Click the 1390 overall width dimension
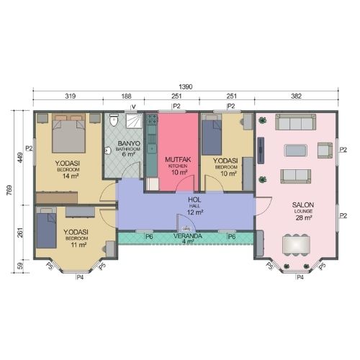click(186, 86)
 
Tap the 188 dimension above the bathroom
click(126, 96)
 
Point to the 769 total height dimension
click(9, 190)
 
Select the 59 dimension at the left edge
click(20, 266)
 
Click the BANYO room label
click(129, 143)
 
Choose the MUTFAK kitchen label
click(178, 159)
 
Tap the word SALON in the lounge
click(303, 205)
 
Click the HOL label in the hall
click(194, 199)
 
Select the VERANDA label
click(188, 236)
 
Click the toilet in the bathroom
click(114, 120)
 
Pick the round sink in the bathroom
click(108, 151)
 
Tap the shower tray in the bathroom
click(135, 121)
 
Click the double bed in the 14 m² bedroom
click(68, 133)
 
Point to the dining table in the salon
click(296, 245)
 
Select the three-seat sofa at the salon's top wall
click(295, 122)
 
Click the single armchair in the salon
click(325, 150)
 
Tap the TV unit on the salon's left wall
click(261, 150)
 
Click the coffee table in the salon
click(296, 150)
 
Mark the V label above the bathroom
click(134, 107)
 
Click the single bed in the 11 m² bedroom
click(46, 228)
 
